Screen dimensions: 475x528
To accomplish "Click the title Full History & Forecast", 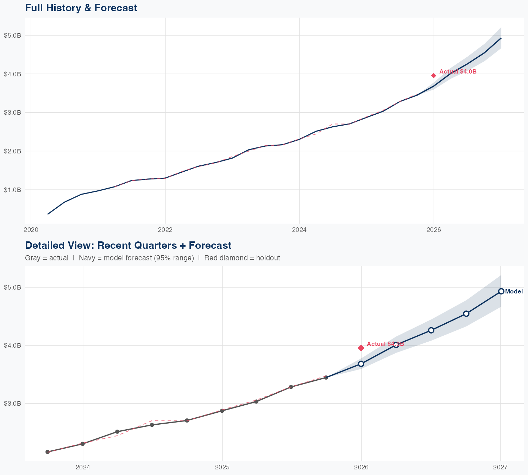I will tap(81, 8).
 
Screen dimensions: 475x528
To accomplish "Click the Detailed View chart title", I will tap(128, 245).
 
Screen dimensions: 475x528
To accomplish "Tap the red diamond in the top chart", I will tap(434, 76).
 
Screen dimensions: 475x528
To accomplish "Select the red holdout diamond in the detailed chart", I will tap(361, 348).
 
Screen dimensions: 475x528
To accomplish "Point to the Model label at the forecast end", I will tap(514, 292).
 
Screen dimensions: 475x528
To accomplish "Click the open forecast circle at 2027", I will tap(501, 291).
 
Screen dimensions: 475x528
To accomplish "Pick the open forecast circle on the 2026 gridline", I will tap(361, 364).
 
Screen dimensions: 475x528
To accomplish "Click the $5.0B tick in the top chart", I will tap(12, 36).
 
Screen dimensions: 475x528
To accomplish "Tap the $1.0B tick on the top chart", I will tap(12, 190).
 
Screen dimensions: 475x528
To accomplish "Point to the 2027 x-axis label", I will tap(500, 467).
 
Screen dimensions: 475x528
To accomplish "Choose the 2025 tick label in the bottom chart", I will tap(222, 467).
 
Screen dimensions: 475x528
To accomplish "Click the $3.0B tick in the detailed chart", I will tap(12, 403).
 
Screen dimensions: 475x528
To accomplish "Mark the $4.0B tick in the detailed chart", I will tap(12, 346).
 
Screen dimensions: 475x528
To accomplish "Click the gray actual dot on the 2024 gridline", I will tap(82, 444).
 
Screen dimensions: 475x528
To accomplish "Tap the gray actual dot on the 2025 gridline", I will tap(222, 411).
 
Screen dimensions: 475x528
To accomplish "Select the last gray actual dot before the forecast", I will tap(326, 378).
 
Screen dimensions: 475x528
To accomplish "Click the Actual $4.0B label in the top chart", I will tap(458, 72).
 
